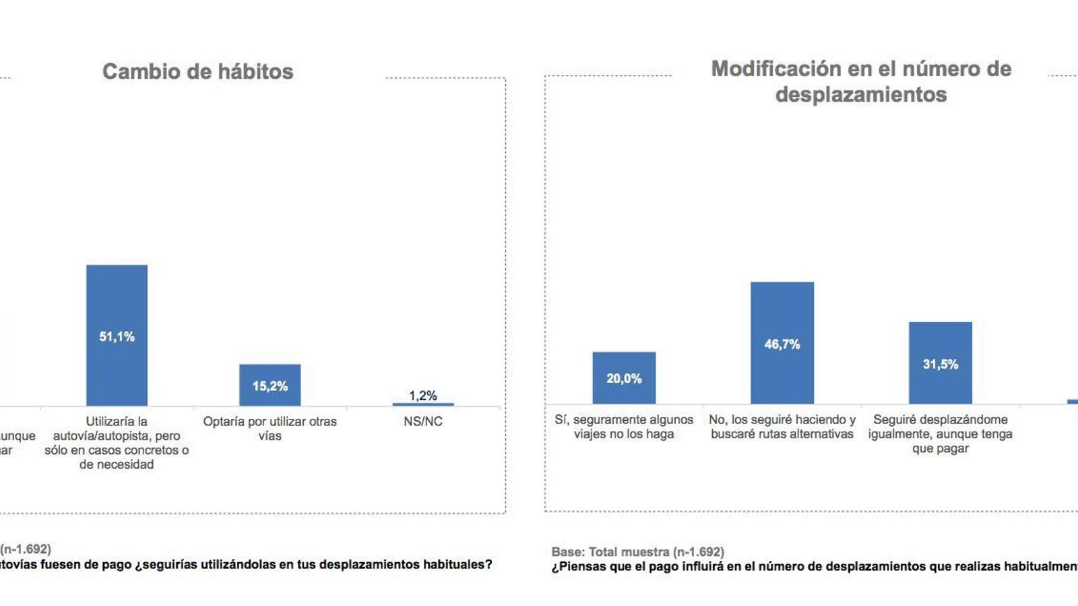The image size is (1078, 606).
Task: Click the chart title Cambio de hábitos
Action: point(197,71)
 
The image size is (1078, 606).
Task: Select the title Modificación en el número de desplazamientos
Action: point(861,81)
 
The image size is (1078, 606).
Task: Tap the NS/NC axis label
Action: point(423,422)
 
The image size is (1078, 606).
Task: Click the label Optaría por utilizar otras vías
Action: point(269,428)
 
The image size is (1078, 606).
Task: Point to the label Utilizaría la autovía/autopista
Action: point(117,442)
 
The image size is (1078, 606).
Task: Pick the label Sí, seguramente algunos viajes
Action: point(624,427)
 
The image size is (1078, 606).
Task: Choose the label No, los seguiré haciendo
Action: point(782,427)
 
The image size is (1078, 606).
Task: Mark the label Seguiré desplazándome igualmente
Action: point(941,434)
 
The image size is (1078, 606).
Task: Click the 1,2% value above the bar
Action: point(423,395)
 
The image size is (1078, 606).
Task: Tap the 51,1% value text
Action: point(117,337)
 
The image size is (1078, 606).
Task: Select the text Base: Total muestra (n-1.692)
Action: point(637,552)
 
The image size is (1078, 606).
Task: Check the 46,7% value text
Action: point(782,344)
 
